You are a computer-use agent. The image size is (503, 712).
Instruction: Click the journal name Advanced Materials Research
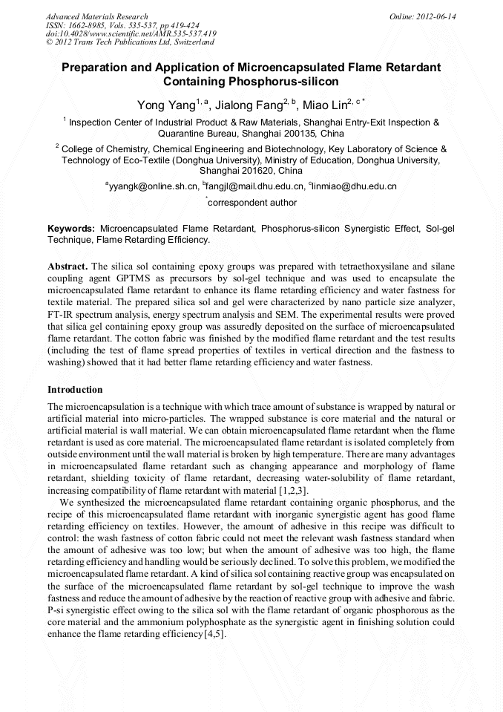click(x=96, y=16)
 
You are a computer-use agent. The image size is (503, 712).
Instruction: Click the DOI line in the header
click(x=131, y=33)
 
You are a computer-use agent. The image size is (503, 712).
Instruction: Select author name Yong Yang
click(x=165, y=105)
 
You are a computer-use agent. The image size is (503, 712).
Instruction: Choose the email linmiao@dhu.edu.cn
click(x=355, y=186)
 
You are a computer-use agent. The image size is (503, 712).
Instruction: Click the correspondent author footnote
click(x=251, y=203)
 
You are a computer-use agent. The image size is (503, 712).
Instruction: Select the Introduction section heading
click(x=75, y=390)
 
